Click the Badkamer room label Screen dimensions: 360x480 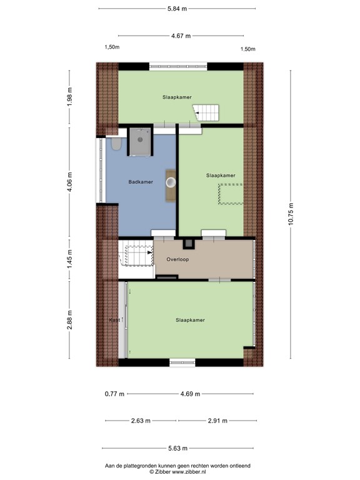(x=141, y=182)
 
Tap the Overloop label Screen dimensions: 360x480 (x=177, y=259)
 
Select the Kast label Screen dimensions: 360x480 (x=114, y=320)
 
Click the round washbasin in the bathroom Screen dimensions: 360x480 (x=171, y=182)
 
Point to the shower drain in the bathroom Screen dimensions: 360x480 (x=140, y=139)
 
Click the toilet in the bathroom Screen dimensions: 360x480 (x=116, y=144)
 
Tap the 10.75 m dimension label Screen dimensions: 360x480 (x=291, y=214)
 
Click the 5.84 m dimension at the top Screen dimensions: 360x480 (x=177, y=9)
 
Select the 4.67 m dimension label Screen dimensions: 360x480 (x=181, y=36)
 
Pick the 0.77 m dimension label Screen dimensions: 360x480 (x=114, y=394)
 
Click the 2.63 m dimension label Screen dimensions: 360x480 (x=141, y=421)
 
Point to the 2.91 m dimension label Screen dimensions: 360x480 (x=217, y=421)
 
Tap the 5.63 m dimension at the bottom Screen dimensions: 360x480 (x=178, y=448)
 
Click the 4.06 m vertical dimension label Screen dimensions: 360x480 (x=70, y=181)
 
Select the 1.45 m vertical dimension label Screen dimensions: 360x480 (x=70, y=259)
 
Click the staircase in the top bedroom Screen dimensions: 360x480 (x=206, y=112)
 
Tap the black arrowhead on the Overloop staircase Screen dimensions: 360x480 (x=150, y=252)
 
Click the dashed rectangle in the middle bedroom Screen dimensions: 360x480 (x=231, y=194)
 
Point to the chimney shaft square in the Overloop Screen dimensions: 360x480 (x=188, y=244)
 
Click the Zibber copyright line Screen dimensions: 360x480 (x=177, y=472)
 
